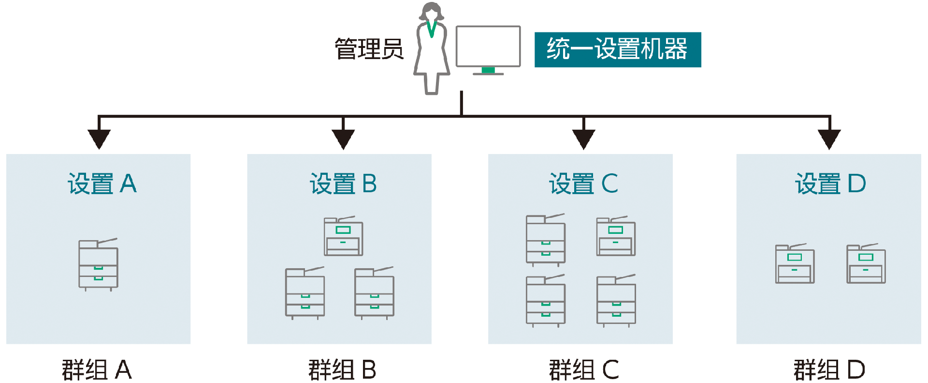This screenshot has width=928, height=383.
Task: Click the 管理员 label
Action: [x=369, y=49]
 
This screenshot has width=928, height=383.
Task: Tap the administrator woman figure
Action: [x=432, y=48]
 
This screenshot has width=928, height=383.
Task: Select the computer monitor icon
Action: [x=488, y=50]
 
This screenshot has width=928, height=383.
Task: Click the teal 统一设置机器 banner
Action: [x=618, y=49]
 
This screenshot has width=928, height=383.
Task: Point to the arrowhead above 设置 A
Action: [x=99, y=139]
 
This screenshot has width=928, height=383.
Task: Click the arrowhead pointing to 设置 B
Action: [x=343, y=139]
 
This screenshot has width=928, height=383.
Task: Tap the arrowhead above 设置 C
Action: [x=584, y=139]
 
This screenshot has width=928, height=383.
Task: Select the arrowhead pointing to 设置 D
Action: [x=829, y=139]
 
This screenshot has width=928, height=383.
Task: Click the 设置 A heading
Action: [x=102, y=184]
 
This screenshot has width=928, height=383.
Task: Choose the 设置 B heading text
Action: [x=343, y=184]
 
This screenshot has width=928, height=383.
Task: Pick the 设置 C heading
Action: [x=583, y=184]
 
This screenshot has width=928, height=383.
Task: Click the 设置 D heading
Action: [x=830, y=184]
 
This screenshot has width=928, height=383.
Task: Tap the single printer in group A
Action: [x=99, y=264]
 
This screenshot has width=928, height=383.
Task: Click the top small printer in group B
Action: [x=343, y=236]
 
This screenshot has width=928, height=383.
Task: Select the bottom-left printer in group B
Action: [x=305, y=293]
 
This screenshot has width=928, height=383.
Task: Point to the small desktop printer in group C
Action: [x=616, y=236]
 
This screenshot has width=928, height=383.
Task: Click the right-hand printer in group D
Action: [x=866, y=263]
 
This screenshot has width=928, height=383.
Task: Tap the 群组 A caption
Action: [x=97, y=370]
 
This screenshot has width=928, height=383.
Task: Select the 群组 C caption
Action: [x=584, y=370]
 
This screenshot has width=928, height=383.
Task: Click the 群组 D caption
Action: [x=829, y=370]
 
